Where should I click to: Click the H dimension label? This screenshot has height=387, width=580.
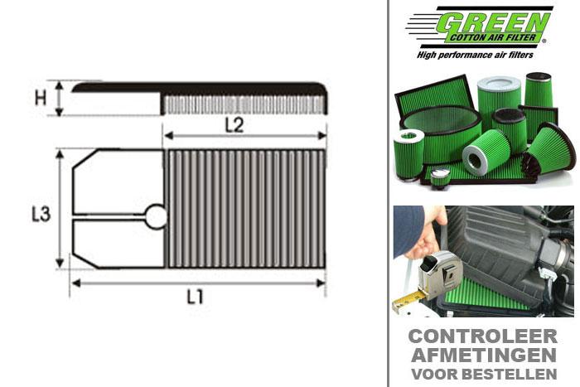point(40,98)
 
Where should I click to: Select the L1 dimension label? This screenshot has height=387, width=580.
point(196,297)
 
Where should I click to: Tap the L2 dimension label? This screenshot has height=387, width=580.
point(234,125)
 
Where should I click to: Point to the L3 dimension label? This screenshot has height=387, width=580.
point(41,214)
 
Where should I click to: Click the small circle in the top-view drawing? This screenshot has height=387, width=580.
point(156,217)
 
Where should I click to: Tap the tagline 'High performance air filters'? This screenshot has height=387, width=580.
point(481,55)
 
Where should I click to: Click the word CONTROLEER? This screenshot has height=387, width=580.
point(484,337)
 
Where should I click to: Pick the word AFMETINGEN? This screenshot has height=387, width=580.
point(484,355)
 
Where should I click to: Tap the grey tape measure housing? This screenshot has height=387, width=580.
point(438,270)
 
